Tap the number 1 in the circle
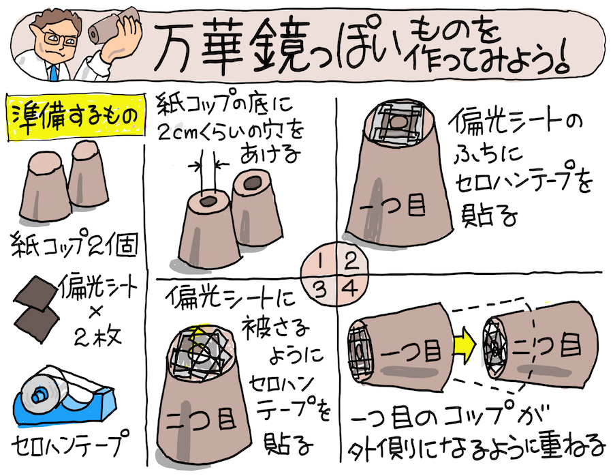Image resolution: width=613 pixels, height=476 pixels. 320,261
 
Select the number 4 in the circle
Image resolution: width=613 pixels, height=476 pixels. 349,289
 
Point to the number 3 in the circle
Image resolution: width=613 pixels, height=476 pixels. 321,289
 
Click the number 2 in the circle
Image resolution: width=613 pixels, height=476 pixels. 350,261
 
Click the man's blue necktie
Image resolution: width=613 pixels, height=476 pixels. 52,73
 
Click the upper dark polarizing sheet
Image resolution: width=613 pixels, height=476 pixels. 35,295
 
